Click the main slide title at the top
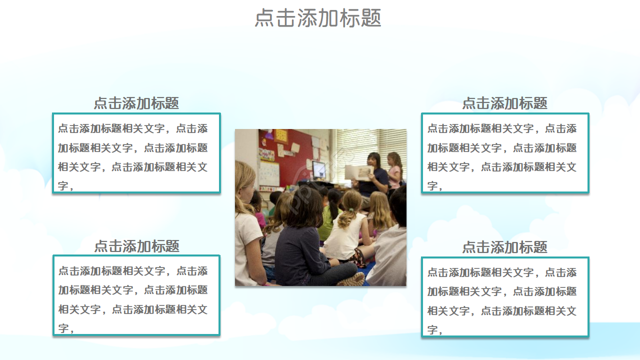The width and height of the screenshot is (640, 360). pos(318,18)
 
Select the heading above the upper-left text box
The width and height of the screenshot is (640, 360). pos(136,103)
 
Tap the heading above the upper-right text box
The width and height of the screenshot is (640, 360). pos(504,103)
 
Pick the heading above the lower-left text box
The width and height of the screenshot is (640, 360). pos(136,246)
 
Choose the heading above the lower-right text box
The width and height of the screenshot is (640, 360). pos(504,247)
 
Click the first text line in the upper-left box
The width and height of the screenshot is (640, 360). pos(132,128)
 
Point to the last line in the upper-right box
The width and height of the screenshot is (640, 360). pos(434,186)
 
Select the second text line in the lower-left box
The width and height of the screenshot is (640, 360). pos(132,290)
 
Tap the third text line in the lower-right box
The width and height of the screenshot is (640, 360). pos(501,311)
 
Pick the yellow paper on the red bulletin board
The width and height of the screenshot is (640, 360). pos(281,135)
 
